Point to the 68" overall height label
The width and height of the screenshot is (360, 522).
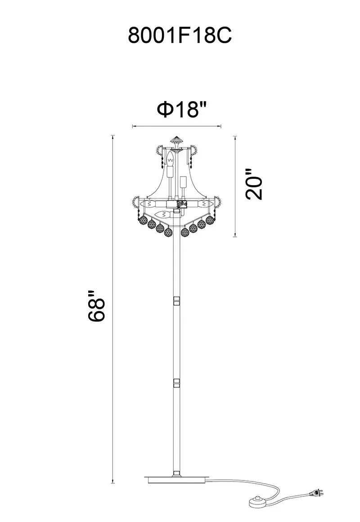coord(96,306)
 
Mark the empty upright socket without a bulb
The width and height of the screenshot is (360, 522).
coord(182,182)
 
